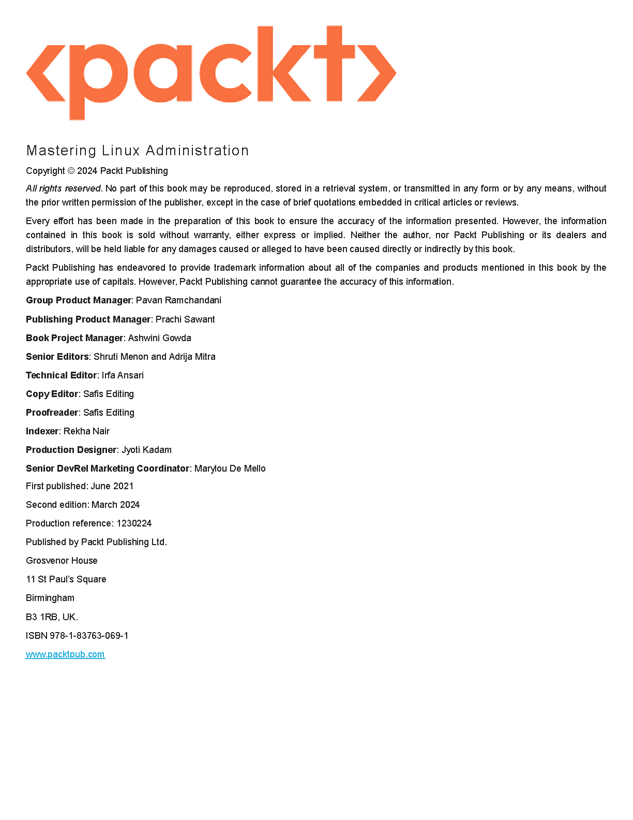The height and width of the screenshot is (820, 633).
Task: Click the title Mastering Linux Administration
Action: pos(138,151)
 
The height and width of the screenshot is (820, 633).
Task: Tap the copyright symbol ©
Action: pos(71,171)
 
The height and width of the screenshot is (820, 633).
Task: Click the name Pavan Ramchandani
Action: pos(178,300)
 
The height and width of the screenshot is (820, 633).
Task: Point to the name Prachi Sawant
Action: pos(185,319)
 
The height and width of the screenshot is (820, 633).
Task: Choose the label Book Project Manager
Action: pos(74,338)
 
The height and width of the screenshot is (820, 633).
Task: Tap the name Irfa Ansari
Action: pos(123,375)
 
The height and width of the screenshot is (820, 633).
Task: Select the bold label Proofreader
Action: pos(52,413)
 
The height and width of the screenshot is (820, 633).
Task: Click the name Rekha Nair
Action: pos(86,431)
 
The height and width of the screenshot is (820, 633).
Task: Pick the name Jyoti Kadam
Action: pos(146,450)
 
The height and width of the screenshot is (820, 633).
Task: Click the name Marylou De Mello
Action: pos(230,468)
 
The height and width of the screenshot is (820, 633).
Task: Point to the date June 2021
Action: pos(112,486)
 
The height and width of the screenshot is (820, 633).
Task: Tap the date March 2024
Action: pos(115,505)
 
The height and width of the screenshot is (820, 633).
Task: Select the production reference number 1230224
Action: pos(134,523)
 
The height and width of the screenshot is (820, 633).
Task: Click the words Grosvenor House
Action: pos(62,561)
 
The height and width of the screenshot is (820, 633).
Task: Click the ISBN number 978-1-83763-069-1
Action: pos(89,636)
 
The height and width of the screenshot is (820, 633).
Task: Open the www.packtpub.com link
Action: pos(65,654)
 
